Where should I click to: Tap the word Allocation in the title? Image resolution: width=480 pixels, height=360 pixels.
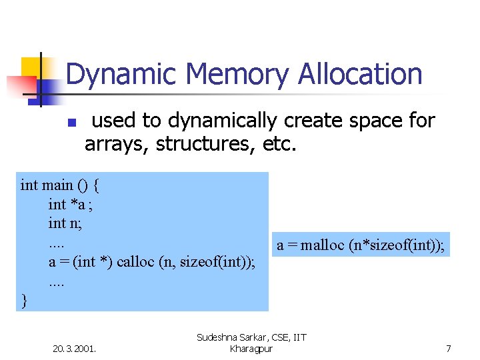(x=360, y=75)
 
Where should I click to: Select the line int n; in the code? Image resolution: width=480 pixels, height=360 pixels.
(x=65, y=223)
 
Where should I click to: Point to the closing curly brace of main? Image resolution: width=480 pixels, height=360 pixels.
(x=25, y=301)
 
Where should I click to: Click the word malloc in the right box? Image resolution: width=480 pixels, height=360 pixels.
(x=323, y=245)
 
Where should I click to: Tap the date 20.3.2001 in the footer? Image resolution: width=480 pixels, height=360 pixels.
(x=74, y=348)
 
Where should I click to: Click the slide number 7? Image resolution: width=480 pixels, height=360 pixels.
(x=449, y=348)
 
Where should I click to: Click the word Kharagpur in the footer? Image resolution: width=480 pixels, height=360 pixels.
(x=251, y=349)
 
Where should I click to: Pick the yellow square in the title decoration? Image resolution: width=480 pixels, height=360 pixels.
(x=31, y=67)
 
